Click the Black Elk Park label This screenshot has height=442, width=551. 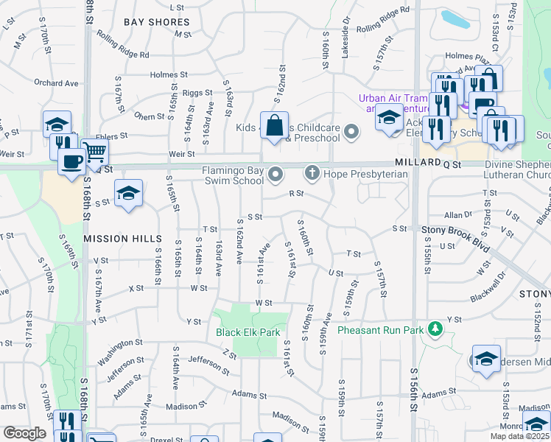(x=248, y=332)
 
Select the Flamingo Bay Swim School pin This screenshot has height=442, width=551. (x=275, y=174)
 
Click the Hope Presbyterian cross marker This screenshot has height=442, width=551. (x=312, y=173)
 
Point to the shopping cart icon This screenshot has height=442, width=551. (x=94, y=151)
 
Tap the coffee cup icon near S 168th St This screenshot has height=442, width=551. (x=71, y=161)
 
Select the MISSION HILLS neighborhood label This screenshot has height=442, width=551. (x=122, y=239)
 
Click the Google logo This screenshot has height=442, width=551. (x=24, y=433)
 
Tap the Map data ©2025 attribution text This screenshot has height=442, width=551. (x=519, y=436)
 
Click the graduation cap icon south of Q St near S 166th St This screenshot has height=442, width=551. (x=129, y=193)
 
